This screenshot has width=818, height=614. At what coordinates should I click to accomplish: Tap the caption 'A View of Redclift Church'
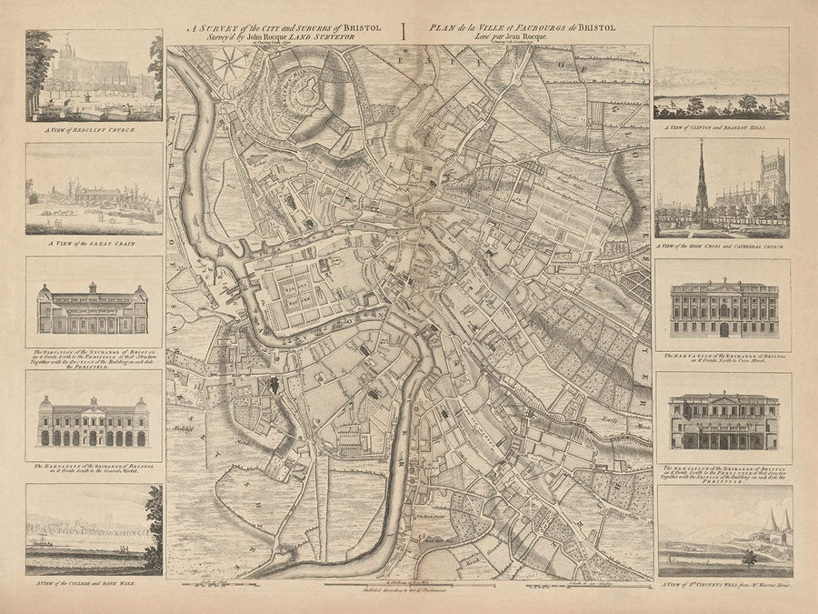(x=93, y=132)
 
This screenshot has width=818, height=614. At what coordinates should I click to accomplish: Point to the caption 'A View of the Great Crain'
(x=94, y=244)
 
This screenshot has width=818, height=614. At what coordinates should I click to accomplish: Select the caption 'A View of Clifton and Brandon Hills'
(x=723, y=129)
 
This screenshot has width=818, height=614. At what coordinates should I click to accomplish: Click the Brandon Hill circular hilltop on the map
(x=300, y=86)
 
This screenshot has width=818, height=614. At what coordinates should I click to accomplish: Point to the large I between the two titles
(x=403, y=32)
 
